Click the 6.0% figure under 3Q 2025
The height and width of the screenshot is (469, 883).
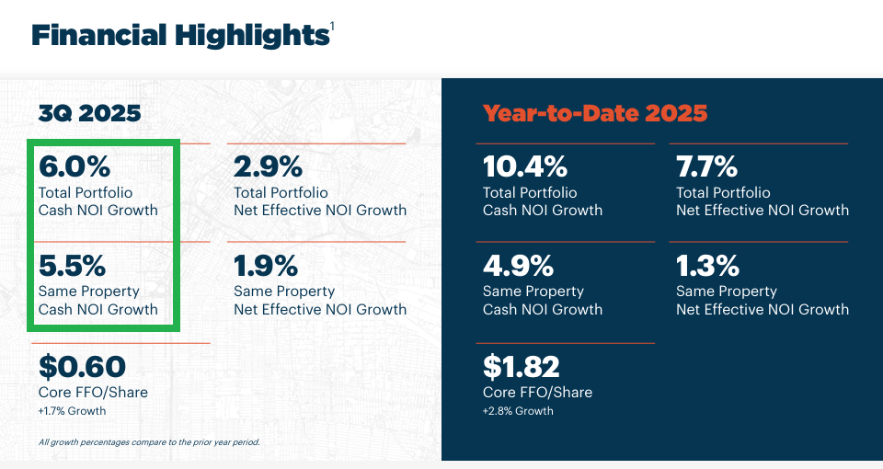coord(74,167)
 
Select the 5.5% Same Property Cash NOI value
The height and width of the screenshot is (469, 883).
coord(73,266)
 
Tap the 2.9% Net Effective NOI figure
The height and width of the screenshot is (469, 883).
coord(268,167)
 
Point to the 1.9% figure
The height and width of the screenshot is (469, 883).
coord(266,266)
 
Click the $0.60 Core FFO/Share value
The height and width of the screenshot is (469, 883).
coord(82,367)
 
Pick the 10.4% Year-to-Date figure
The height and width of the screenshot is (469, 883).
coord(524,167)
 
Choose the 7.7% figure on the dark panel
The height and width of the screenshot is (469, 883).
coord(706,167)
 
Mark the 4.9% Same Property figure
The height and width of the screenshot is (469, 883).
coord(518,266)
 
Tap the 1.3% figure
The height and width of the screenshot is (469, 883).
coord(707,266)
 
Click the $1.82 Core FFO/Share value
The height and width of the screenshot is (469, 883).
coord(521,367)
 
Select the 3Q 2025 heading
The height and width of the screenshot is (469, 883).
coord(89,114)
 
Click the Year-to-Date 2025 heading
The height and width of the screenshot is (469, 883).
coord(595,114)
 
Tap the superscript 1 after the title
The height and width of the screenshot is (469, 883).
coord(332,27)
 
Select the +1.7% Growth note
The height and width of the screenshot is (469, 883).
coord(72,411)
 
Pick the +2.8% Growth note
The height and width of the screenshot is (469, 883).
coord(518,411)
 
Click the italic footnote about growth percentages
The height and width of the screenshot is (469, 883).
coord(149,442)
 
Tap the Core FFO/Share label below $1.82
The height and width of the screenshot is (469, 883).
coord(537,393)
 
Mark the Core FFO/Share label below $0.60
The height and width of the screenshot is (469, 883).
coord(93,393)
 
